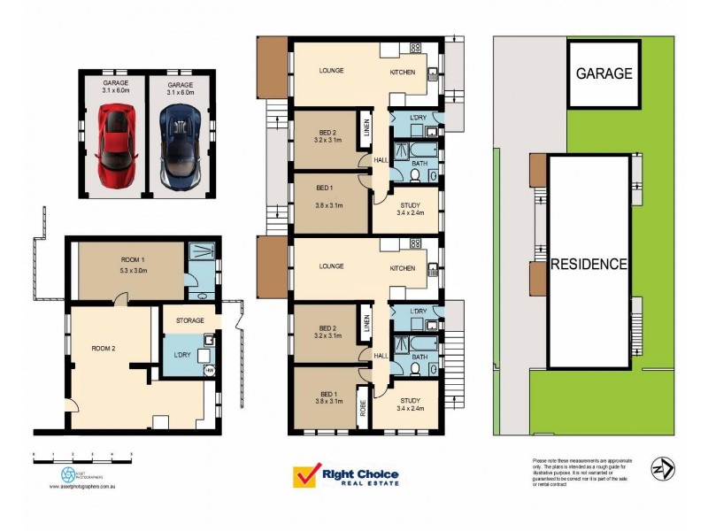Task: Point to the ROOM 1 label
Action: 133,259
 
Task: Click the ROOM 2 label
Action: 104,348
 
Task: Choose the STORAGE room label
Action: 189,320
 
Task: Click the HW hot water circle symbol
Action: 209,371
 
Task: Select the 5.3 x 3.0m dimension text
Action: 133,270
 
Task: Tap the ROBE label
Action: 363,409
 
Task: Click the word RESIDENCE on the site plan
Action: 589,264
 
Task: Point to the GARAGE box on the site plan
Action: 604,73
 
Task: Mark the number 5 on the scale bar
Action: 131,455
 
